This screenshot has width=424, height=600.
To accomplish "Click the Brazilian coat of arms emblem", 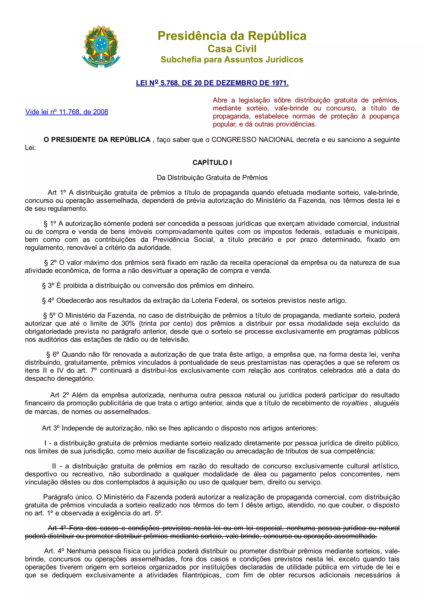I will [x=101, y=47].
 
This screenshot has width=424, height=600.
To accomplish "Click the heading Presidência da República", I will [x=232, y=36].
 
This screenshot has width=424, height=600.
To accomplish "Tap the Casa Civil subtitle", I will [x=232, y=49].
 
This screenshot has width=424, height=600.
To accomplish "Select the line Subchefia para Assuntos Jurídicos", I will [x=232, y=60].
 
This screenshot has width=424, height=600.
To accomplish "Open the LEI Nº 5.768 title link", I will [x=212, y=83].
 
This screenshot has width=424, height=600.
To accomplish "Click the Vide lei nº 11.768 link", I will [x=67, y=112].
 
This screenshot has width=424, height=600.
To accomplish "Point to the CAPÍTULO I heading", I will [x=212, y=163].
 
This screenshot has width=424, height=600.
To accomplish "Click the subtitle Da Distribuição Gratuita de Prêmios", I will [x=212, y=178].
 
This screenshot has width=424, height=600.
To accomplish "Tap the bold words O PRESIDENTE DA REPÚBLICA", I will [x=97, y=140].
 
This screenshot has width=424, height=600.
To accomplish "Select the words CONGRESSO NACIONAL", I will [x=253, y=140].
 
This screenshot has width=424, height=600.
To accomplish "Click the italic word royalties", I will [x=354, y=403].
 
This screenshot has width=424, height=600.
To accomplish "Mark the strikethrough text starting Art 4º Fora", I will [x=212, y=532].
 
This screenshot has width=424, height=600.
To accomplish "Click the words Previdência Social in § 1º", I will [x=183, y=240].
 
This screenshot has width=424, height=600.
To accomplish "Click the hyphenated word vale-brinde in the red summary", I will [x=291, y=108].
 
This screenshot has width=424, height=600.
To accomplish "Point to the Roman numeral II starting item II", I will [x=54, y=466].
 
